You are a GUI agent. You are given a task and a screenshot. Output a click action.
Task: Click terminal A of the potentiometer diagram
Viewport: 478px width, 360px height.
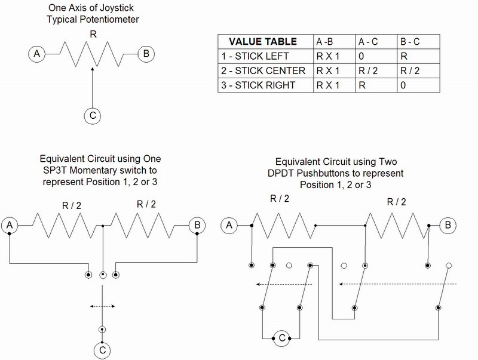(x=37, y=55)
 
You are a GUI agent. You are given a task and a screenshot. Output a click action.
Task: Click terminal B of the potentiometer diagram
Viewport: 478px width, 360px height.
(x=146, y=54)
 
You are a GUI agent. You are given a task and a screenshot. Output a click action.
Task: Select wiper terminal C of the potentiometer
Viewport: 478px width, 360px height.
(x=91, y=116)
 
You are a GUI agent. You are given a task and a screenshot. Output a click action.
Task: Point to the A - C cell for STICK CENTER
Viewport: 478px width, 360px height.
(x=367, y=70)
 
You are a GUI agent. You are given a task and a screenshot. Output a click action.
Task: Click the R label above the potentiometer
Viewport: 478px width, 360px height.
(x=93, y=35)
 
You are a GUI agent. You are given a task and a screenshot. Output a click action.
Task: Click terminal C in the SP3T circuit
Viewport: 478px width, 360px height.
(x=103, y=349)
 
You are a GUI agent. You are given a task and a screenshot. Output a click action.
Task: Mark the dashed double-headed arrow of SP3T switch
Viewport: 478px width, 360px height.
(x=103, y=306)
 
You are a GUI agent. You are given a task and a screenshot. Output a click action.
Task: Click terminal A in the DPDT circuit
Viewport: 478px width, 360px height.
(x=228, y=225)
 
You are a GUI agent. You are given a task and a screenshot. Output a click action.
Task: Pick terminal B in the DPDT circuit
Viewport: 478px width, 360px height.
(x=448, y=225)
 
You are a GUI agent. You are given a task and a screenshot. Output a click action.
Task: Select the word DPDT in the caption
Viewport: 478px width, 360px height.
(x=305, y=173)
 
